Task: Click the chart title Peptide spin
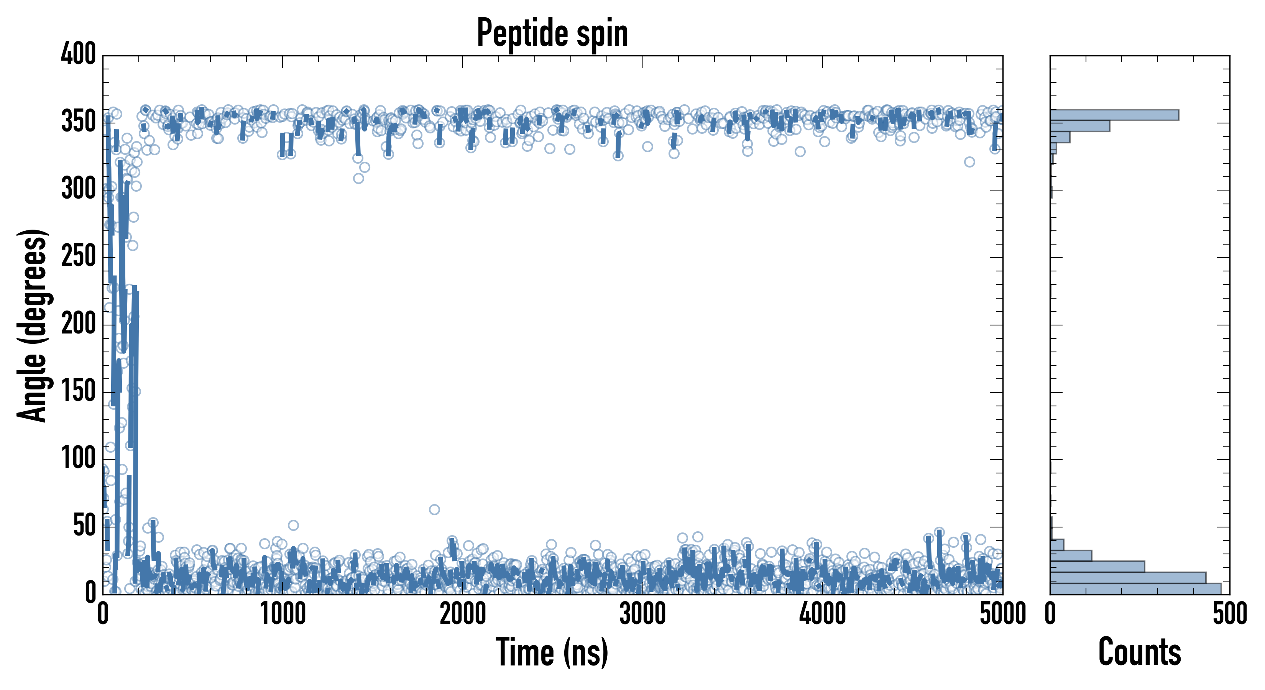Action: point(552,33)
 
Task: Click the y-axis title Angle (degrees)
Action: point(33,325)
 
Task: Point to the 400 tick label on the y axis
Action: point(78,54)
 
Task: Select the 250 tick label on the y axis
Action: point(78,256)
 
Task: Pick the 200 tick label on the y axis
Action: point(78,324)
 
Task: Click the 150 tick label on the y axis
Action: point(78,392)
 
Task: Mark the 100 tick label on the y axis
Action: point(78,459)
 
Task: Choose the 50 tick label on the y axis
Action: point(84,526)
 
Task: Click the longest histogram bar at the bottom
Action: point(1135,589)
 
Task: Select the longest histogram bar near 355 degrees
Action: point(1114,115)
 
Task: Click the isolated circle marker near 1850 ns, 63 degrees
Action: point(434,509)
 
